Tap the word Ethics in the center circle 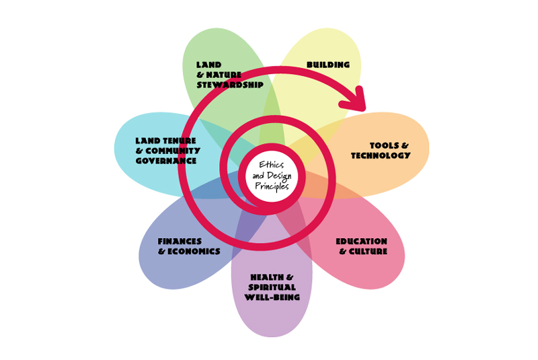pyautogui.click(x=271, y=164)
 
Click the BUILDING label pyautogui.click(x=328, y=65)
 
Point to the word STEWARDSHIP pyautogui.click(x=230, y=85)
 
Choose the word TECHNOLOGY pyautogui.click(x=381, y=155)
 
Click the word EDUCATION pyautogui.click(x=362, y=241)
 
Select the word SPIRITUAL pyautogui.click(x=272, y=287)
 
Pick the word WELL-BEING pyautogui.click(x=272, y=297)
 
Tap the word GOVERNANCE pyautogui.click(x=166, y=161)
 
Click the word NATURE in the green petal pyautogui.click(x=223, y=75)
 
